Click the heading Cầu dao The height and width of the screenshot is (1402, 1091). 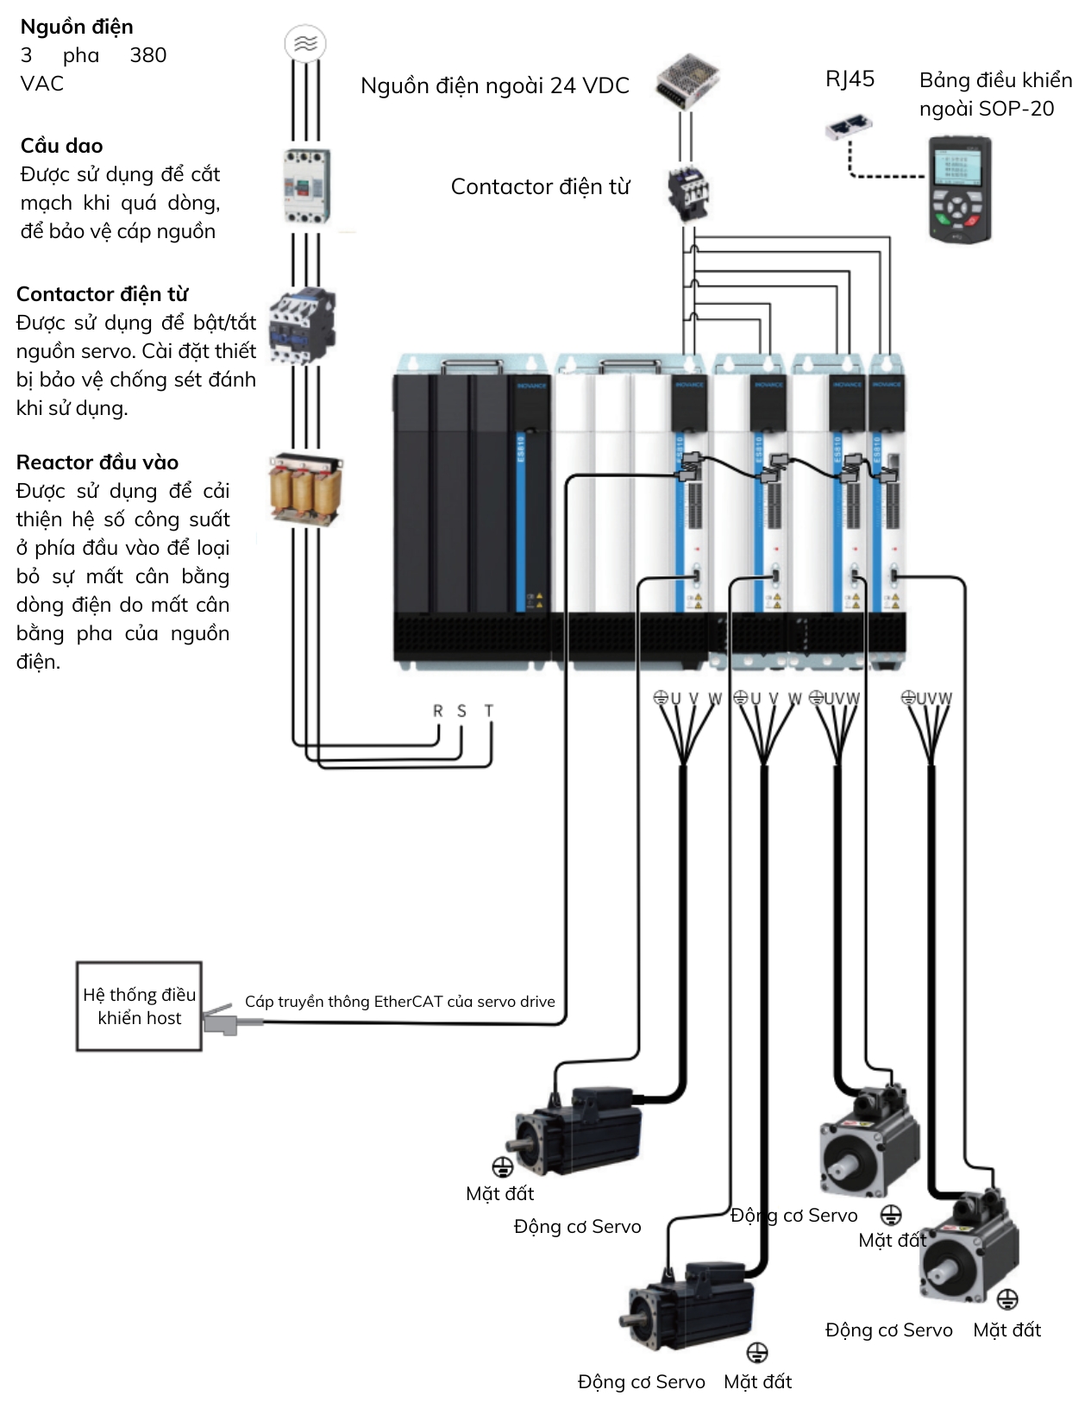tap(61, 146)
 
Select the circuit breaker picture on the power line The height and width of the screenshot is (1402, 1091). tap(306, 185)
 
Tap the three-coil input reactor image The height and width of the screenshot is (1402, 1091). tap(305, 490)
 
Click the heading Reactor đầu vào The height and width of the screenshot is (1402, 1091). tap(97, 462)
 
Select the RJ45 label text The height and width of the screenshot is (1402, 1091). tap(850, 79)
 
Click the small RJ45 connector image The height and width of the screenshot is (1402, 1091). tap(848, 128)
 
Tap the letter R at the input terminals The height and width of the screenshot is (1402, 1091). tap(438, 711)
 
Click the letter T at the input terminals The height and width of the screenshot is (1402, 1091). tap(489, 711)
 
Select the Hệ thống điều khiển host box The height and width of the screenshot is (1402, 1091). tap(139, 1006)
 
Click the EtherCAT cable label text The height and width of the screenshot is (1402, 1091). tap(399, 1002)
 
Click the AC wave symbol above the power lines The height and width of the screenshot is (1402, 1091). tap(305, 43)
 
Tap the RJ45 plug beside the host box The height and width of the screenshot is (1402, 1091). tap(223, 1021)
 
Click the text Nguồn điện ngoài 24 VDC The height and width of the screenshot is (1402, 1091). tap(494, 85)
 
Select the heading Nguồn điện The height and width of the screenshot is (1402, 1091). tap(77, 27)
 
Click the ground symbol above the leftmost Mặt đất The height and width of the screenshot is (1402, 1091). tap(502, 1167)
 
